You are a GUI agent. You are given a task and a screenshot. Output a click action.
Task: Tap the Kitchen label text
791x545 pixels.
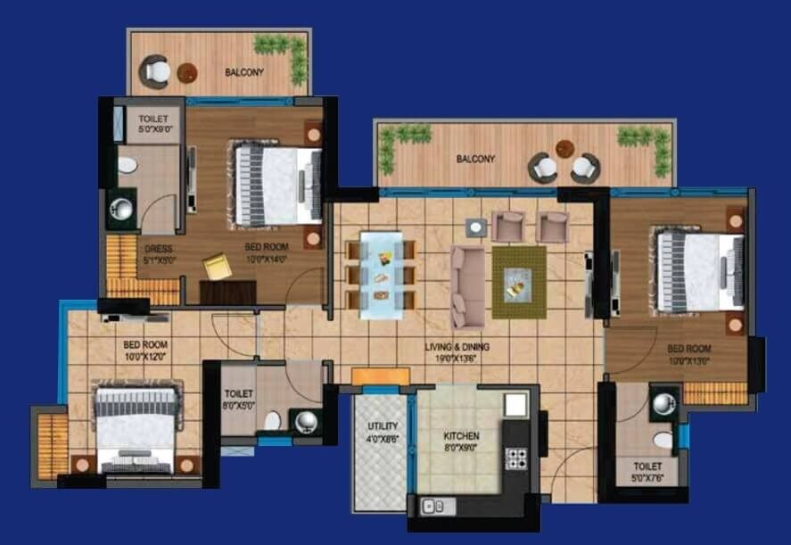point(462,441)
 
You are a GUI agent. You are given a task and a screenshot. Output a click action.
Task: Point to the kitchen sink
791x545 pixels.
point(439,506)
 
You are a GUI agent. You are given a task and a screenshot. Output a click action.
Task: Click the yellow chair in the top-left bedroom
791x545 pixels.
point(217,267)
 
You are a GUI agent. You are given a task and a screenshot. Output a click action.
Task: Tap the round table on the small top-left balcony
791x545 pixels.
point(186,73)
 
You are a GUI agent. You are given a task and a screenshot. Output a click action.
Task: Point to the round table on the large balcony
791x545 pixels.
point(564,148)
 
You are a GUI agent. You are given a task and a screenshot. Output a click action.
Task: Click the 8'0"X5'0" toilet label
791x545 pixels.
point(239,398)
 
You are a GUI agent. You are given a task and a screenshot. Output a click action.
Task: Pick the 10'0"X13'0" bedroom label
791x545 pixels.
point(688,354)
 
